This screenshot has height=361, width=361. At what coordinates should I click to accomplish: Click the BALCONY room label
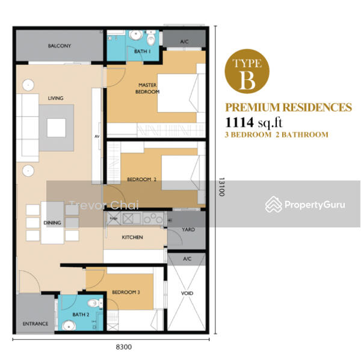[60, 46]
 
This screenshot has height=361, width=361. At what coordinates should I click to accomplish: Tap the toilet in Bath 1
[151, 38]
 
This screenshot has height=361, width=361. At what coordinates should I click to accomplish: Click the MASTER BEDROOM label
[147, 88]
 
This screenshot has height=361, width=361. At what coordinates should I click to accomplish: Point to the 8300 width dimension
[123, 347]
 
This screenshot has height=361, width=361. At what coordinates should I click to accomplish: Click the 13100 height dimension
[221, 187]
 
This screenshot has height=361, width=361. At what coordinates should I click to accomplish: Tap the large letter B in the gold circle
[247, 79]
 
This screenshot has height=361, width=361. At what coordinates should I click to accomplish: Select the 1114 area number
[239, 122]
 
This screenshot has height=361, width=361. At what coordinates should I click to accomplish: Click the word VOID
[187, 294]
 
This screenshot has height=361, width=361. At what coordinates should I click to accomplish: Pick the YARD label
[188, 230]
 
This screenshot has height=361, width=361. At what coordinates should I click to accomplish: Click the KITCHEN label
[132, 237]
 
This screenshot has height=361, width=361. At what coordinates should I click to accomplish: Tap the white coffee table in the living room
[57, 128]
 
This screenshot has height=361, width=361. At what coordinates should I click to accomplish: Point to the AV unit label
[97, 137]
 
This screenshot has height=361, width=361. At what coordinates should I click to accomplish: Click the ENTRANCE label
[35, 324]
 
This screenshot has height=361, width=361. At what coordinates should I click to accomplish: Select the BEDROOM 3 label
[126, 292]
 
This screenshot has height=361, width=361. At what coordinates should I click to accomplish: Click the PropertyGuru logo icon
[273, 204]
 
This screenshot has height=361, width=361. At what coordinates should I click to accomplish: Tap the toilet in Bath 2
[95, 303]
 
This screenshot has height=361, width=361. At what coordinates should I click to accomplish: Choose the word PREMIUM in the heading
[253, 107]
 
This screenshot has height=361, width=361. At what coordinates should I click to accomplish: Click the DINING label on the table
[52, 223]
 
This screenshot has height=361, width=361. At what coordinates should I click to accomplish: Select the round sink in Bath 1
[135, 35]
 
